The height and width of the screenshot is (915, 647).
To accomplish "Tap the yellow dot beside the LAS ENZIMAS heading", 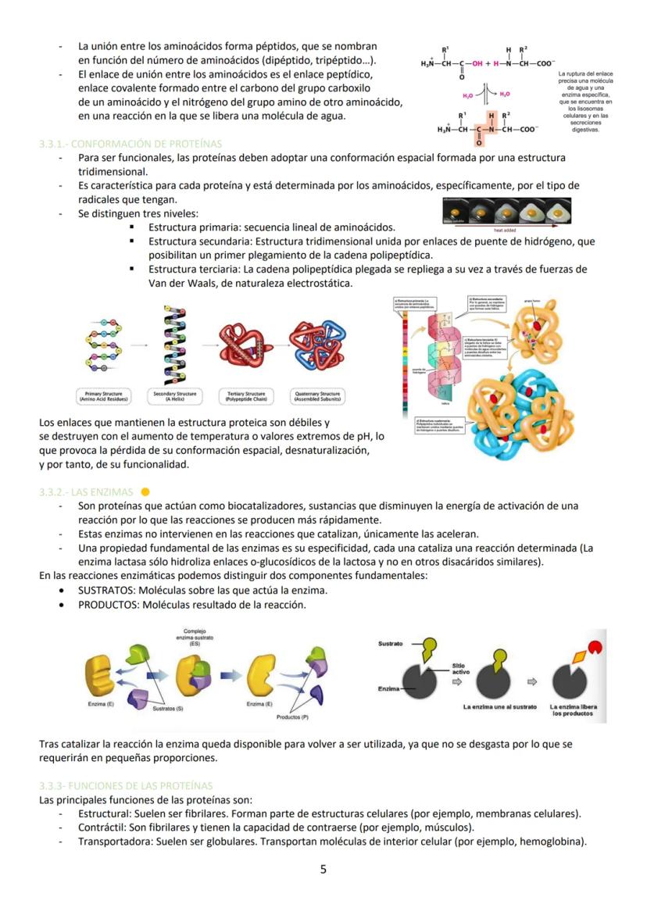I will click(145, 491).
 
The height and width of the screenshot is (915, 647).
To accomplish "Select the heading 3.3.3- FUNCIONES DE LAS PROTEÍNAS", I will click(125, 785).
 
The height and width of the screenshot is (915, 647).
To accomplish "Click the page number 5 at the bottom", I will click(323, 869).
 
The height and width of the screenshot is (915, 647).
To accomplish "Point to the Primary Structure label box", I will click(103, 396).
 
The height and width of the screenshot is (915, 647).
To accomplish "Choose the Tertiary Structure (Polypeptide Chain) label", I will click(245, 396).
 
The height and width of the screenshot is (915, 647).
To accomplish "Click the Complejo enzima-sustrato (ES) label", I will click(194, 638).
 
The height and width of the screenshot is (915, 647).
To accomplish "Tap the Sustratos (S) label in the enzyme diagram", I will click(167, 708).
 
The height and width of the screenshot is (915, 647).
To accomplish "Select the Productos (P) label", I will click(292, 716).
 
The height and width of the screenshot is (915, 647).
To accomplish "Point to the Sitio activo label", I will click(461, 668).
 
